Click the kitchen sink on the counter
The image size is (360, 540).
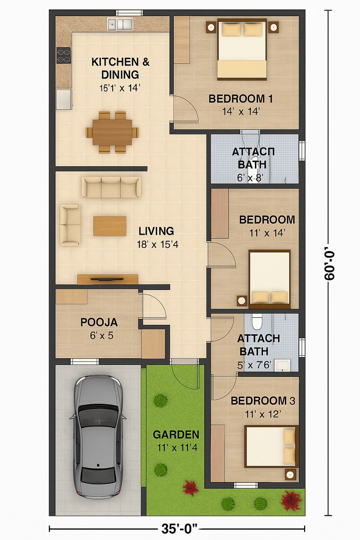point(120,24)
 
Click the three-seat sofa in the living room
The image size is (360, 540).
point(112,187)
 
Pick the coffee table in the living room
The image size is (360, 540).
point(110,226)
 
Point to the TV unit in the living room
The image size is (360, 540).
point(108,279)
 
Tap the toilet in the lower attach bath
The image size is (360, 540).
point(257,322)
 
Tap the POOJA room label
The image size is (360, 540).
point(99,323)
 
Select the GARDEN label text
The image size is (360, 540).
point(176,434)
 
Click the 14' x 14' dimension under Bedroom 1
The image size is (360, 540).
point(241,111)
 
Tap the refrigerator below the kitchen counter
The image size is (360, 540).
point(64,99)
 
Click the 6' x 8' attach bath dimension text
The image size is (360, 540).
point(250,178)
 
